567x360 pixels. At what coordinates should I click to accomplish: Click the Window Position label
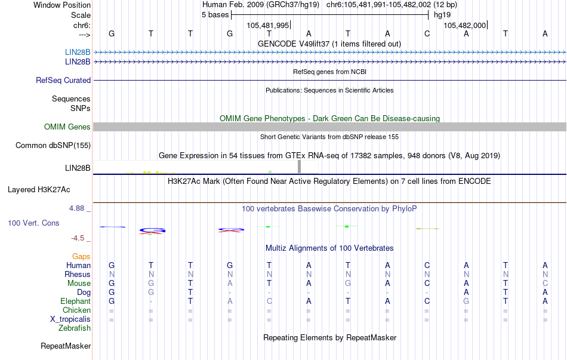[x=62, y=5]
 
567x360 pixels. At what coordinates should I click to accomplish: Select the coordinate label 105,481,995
[x=267, y=25]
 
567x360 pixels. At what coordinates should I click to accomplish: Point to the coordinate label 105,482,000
[x=465, y=25]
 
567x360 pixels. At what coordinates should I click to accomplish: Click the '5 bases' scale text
[x=215, y=15]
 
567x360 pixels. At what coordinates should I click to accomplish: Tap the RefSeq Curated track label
[x=63, y=81]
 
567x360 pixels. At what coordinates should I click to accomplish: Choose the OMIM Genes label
[x=67, y=127]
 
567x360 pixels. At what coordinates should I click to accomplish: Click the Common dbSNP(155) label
[x=53, y=146]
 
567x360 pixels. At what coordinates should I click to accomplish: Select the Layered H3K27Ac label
[x=39, y=190]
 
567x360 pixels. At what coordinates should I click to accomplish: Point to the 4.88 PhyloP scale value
[x=76, y=208]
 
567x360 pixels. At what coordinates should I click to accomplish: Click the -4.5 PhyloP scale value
[x=78, y=238]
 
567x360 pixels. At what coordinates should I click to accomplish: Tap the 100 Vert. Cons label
[x=33, y=223]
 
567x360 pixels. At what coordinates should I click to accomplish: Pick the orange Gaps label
[x=81, y=257]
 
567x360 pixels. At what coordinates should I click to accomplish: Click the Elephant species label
[x=76, y=301]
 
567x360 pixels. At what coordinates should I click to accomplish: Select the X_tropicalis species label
[x=70, y=319]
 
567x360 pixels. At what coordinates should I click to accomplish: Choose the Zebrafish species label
[x=75, y=328]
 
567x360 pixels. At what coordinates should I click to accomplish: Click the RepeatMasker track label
[x=66, y=346]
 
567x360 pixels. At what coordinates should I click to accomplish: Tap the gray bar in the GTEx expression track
[x=300, y=167]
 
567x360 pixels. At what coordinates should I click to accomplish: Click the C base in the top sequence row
[x=427, y=33]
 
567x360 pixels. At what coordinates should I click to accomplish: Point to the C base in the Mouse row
[x=427, y=284]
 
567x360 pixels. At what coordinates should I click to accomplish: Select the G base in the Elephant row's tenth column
[x=467, y=301]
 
